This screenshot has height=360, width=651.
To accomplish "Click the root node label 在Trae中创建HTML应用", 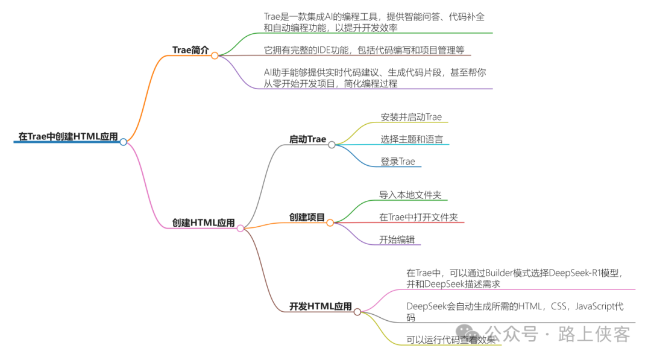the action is point(68,136).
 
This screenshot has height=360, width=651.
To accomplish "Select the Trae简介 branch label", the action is point(190,50).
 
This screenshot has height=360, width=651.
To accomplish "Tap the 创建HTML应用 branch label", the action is point(203,223).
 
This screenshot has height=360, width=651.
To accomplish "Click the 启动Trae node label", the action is point(307,139).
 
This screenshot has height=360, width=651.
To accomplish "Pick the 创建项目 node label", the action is point(307,217).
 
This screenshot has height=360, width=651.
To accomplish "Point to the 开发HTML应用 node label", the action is point(320,306).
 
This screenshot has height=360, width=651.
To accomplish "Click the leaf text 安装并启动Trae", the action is point(411,117).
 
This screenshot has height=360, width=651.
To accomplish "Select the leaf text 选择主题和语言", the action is point(411,139).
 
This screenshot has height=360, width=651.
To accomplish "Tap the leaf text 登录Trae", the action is point(398,162).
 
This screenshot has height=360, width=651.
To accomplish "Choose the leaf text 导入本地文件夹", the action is point(410,195).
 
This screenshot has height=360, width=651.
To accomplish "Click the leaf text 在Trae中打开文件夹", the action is point(418,217).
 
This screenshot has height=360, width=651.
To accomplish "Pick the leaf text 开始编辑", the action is point(397,239).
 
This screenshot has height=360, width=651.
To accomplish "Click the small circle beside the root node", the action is point(124,142).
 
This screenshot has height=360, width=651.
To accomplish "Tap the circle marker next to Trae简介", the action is point(215,55).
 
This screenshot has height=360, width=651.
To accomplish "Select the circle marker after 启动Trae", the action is point(332,145).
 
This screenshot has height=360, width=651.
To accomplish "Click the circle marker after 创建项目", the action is point(330,223).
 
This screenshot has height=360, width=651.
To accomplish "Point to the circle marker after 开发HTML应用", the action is point(357,312).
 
